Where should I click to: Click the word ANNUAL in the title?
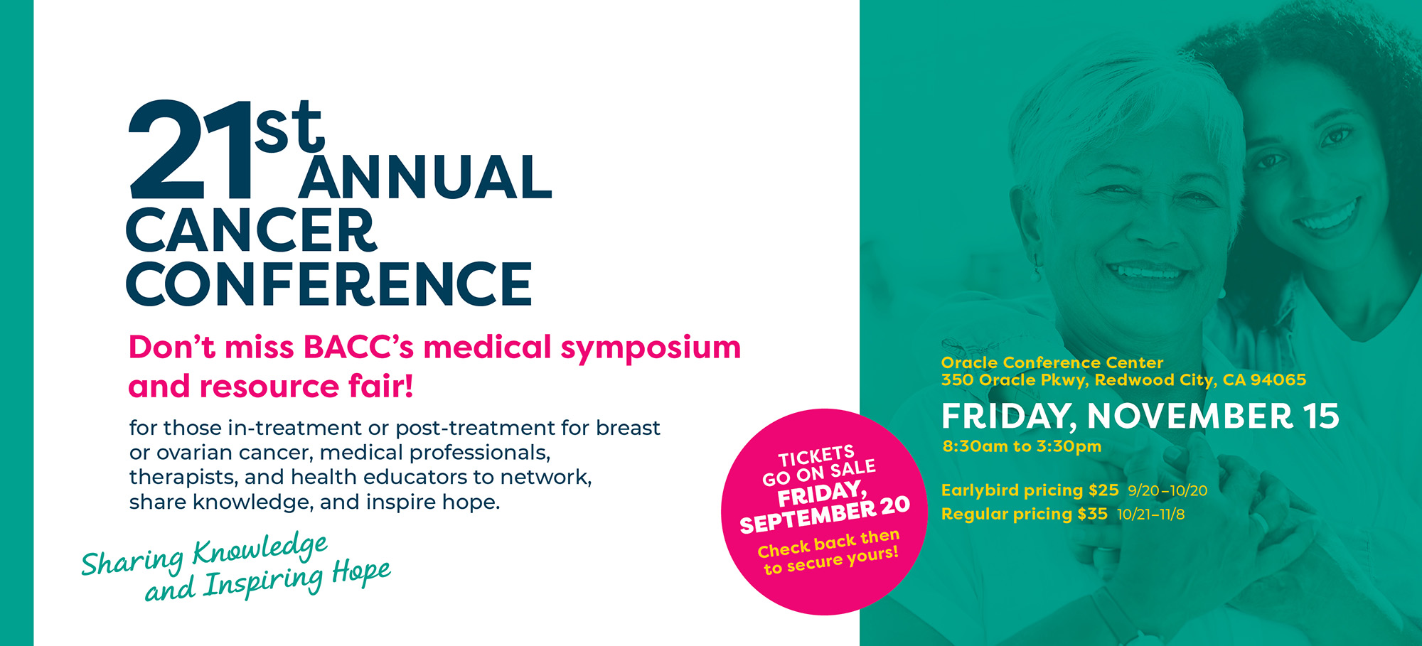tap(425, 177)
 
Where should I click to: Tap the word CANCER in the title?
tap(251, 230)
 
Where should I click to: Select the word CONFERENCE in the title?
tap(328, 284)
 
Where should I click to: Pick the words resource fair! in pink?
tap(306, 387)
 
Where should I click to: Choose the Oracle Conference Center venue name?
tap(1052, 362)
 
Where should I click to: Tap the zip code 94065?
tap(1278, 379)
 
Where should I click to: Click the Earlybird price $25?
tap(1103, 490)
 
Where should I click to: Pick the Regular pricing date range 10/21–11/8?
tap(1151, 515)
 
